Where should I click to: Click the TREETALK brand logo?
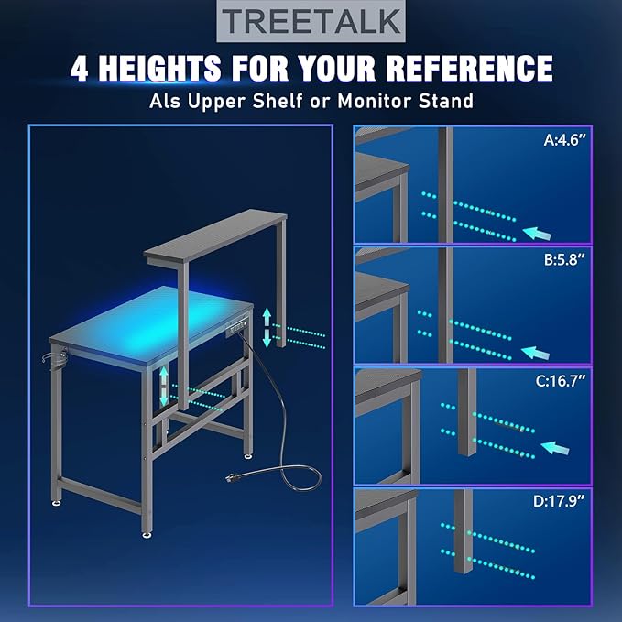click(311, 21)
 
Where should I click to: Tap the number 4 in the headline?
click(80, 68)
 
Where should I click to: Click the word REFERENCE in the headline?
click(469, 68)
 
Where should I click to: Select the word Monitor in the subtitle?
click(374, 101)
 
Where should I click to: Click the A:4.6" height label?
click(565, 140)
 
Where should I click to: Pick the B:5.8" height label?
click(565, 260)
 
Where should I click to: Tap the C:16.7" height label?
click(560, 381)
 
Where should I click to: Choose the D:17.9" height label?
click(560, 501)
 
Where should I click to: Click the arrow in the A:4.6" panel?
click(537, 234)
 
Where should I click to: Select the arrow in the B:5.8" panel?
click(535, 353)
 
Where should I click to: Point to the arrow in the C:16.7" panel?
click(555, 448)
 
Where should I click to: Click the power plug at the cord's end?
click(231, 477)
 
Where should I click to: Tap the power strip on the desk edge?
click(237, 329)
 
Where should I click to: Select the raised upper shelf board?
click(215, 236)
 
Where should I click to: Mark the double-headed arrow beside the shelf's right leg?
click(267, 328)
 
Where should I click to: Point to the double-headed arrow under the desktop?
click(164, 386)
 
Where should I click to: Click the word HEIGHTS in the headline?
click(159, 68)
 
